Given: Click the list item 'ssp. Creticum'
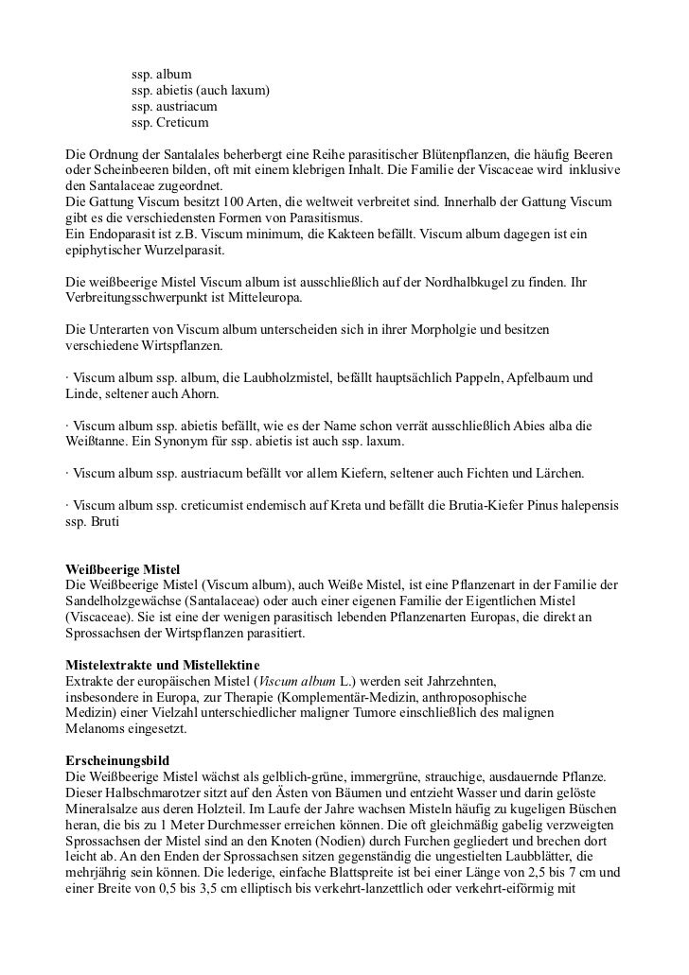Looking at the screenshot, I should (169, 122).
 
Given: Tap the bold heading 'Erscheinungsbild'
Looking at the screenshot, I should (115, 762).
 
